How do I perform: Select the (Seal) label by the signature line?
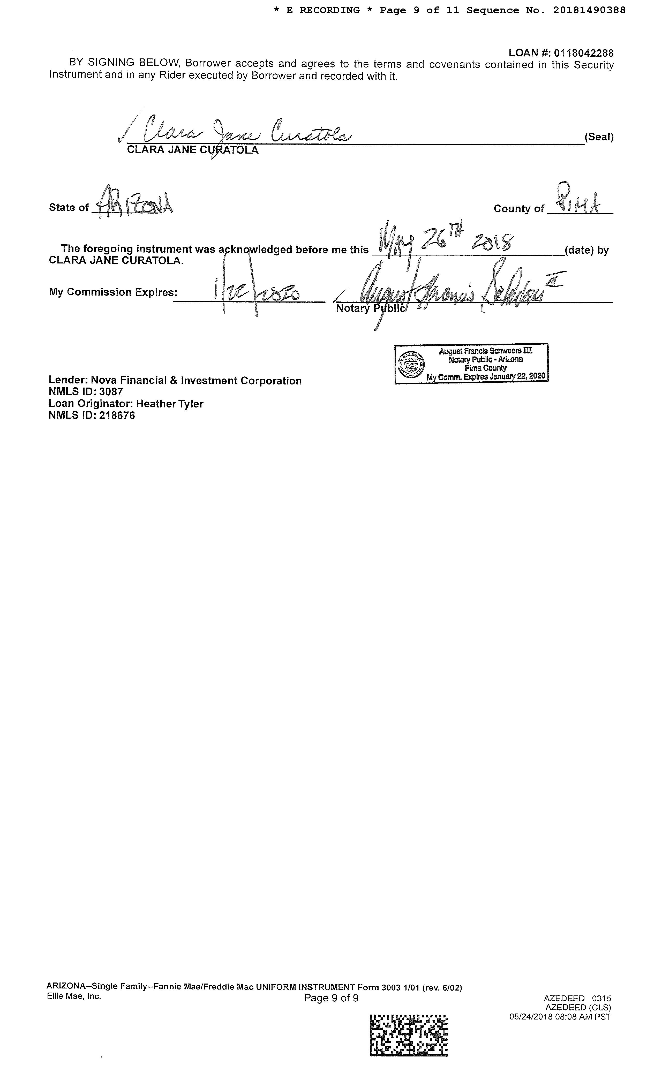pos(599,137)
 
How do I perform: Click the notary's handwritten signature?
pos(450,291)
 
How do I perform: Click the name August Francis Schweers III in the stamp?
pos(485,351)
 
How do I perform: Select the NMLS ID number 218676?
pos(117,415)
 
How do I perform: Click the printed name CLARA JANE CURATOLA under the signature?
pos(193,150)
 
